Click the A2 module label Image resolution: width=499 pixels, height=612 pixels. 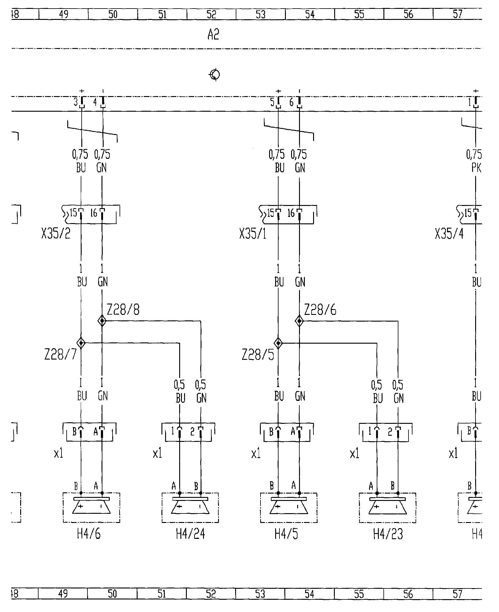[213, 35]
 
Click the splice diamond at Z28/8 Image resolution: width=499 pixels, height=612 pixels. [102, 321]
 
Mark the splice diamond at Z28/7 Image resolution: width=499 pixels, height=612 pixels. [81, 343]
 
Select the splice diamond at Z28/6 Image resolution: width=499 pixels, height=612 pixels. [299, 321]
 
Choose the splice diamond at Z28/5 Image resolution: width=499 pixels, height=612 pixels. [278, 343]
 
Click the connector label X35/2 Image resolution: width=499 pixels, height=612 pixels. [56, 234]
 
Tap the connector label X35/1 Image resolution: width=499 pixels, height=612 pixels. [253, 234]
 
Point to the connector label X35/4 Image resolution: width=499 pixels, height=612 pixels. [449, 234]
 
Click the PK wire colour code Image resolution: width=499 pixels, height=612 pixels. [476, 168]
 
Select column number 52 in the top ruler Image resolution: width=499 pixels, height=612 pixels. [211, 14]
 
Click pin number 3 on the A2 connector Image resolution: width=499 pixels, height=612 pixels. [76, 102]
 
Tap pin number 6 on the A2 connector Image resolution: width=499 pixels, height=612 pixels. [291, 102]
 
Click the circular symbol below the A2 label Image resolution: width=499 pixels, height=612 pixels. [215, 74]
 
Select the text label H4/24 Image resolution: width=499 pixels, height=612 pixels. [190, 534]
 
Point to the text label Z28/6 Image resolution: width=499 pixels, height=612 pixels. [320, 310]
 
